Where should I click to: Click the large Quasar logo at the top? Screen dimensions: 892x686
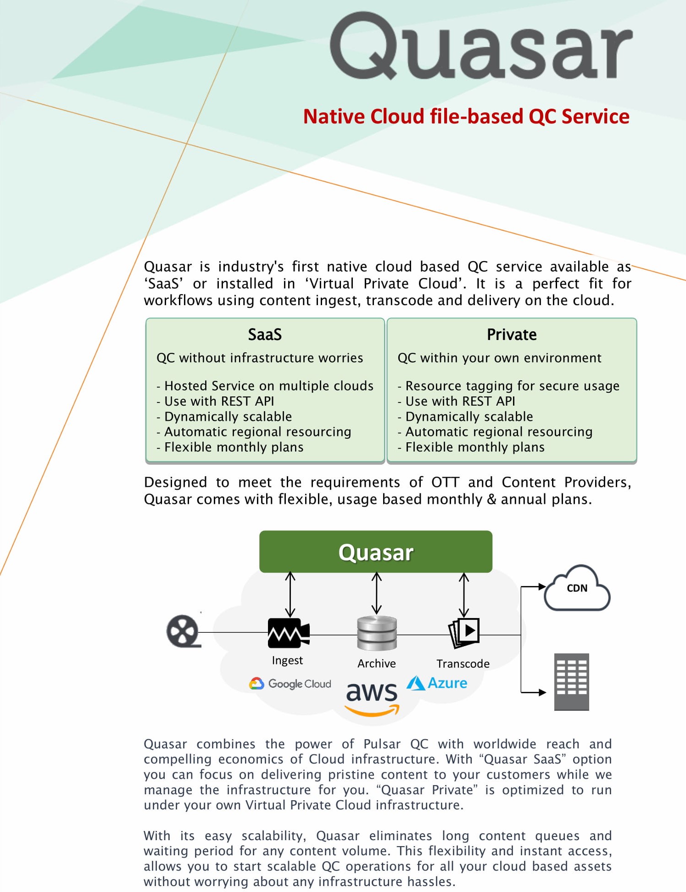pos(481,46)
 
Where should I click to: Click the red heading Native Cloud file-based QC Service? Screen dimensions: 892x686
pos(466,117)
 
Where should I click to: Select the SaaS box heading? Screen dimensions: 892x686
pos(265,334)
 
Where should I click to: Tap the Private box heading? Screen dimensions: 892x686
pos(512,334)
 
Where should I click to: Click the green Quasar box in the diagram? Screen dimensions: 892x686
pos(376,552)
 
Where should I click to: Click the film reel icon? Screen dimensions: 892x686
pos(183,631)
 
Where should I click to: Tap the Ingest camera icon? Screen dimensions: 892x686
pos(288,633)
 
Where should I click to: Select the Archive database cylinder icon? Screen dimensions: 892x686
pos(377,633)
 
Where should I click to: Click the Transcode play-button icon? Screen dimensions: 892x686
pos(464,633)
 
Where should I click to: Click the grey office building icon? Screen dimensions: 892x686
pos(571,682)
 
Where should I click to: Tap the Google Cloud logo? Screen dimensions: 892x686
pos(290,684)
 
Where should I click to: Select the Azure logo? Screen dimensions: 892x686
pos(437,683)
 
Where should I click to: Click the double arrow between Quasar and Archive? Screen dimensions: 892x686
pos(377,593)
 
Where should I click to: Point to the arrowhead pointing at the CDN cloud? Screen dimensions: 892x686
pos(542,586)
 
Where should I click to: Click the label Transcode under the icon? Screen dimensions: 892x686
pos(463,664)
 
